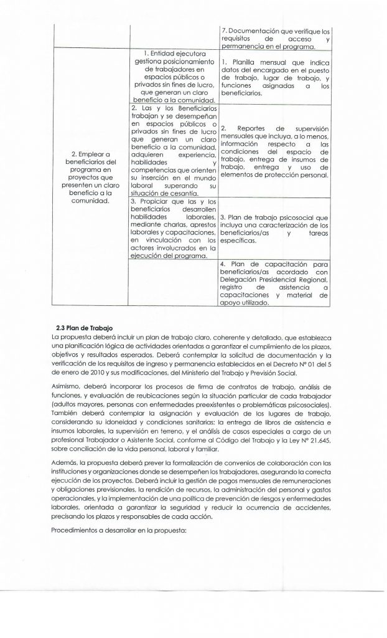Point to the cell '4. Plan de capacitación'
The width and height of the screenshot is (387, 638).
pyautogui.click(x=274, y=283)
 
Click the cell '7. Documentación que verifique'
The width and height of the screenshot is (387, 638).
pyautogui.click(x=274, y=38)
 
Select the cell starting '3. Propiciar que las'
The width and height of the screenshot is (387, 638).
pyautogui.click(x=172, y=229)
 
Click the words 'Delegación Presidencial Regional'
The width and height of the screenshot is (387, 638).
pyautogui.click(x=266, y=280)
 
